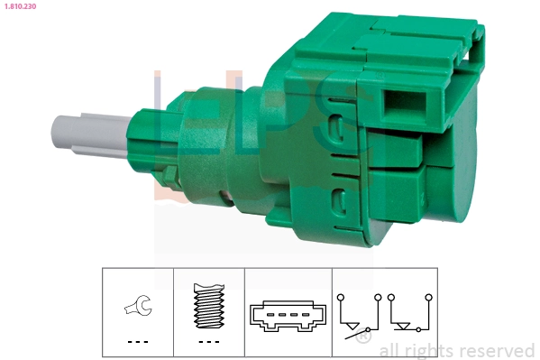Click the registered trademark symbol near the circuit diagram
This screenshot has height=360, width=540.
click(x=362, y=338)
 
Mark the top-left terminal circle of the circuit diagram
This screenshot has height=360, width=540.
click(x=340, y=296)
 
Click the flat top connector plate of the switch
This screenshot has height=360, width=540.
click(x=379, y=36)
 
